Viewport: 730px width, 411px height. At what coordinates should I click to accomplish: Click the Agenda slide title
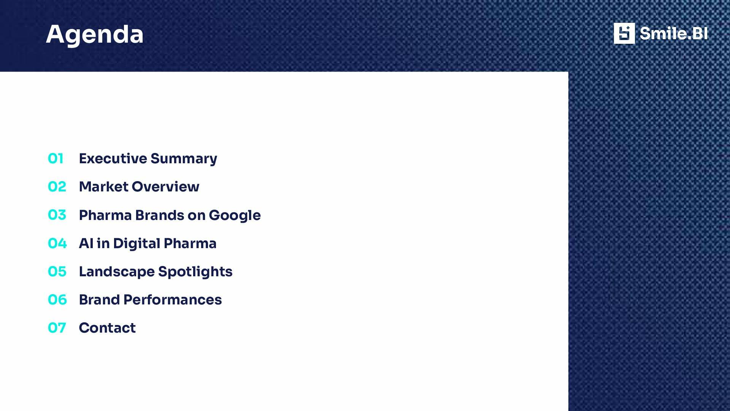tap(95, 34)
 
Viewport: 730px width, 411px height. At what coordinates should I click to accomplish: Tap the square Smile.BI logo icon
tap(624, 33)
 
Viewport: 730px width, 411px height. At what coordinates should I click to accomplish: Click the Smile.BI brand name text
tap(673, 33)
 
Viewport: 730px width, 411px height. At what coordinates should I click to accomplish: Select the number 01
tap(56, 158)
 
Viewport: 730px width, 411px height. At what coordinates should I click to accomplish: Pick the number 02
tap(57, 186)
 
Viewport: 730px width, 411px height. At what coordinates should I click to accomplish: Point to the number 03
tap(57, 215)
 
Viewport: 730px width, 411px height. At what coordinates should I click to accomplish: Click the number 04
tap(57, 243)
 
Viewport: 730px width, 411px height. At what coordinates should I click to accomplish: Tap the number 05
tap(57, 271)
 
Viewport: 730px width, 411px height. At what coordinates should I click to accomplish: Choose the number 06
tap(57, 299)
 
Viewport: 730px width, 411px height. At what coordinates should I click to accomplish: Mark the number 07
tap(57, 328)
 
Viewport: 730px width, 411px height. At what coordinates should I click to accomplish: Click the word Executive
tap(113, 158)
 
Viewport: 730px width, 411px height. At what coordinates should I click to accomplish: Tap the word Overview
tap(165, 186)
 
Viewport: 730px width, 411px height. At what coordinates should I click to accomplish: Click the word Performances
tap(173, 299)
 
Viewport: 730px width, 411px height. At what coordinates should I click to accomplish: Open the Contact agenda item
tap(107, 328)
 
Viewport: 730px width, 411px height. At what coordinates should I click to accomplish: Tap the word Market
tap(104, 186)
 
